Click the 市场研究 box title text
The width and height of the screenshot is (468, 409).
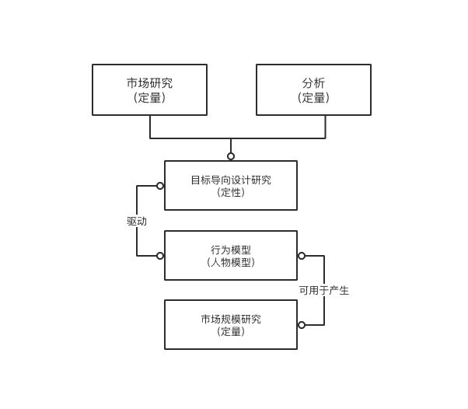click(x=149, y=82)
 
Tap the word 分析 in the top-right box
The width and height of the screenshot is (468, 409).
click(x=313, y=82)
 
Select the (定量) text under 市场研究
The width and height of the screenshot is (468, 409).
click(x=149, y=98)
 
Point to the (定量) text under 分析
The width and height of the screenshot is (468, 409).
click(x=313, y=98)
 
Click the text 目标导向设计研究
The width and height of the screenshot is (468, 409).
click(x=231, y=180)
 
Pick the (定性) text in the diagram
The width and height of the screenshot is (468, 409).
click(x=231, y=192)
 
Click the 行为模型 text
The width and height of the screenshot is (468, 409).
click(x=231, y=250)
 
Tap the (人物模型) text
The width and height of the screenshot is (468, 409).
click(x=231, y=262)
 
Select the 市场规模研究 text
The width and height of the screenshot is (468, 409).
click(x=231, y=319)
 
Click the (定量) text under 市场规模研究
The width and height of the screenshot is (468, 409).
click(x=231, y=331)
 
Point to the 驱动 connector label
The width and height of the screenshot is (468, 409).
click(x=137, y=222)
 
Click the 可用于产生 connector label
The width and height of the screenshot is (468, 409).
click(x=324, y=290)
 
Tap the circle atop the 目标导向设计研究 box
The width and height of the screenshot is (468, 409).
click(x=231, y=156)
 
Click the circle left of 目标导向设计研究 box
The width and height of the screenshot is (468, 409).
click(x=160, y=186)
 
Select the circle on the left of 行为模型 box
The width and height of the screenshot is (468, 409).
click(x=160, y=256)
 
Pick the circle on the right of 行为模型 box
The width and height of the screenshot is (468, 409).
click(x=302, y=256)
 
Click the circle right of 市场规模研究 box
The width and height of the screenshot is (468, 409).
click(x=302, y=325)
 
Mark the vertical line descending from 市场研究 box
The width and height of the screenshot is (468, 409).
click(x=150, y=127)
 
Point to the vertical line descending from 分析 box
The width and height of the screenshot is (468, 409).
click(x=325, y=127)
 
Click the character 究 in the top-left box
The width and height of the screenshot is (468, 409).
click(x=167, y=82)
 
